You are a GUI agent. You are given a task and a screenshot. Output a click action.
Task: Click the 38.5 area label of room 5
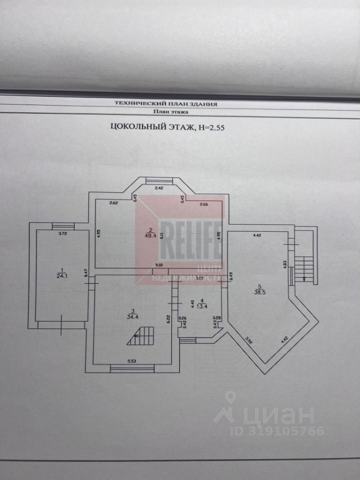[259, 293]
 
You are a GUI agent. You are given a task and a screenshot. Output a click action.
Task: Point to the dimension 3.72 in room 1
[62, 234]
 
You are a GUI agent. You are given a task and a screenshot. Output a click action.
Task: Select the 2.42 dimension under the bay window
[159, 188]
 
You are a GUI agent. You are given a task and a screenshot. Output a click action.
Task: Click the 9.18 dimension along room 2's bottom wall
[159, 265]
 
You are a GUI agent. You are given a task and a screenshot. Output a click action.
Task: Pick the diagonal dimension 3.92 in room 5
[249, 341]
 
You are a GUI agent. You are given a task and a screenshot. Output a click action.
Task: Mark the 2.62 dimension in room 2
[112, 203]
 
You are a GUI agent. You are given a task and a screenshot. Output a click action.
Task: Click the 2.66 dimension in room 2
[204, 204]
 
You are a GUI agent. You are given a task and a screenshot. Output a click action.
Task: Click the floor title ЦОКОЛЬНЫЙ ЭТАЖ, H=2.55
[167, 127]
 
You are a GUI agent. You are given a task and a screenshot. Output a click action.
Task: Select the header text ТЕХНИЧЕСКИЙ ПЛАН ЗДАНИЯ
[166, 103]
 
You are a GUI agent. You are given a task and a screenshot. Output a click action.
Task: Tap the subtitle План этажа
[166, 112]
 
